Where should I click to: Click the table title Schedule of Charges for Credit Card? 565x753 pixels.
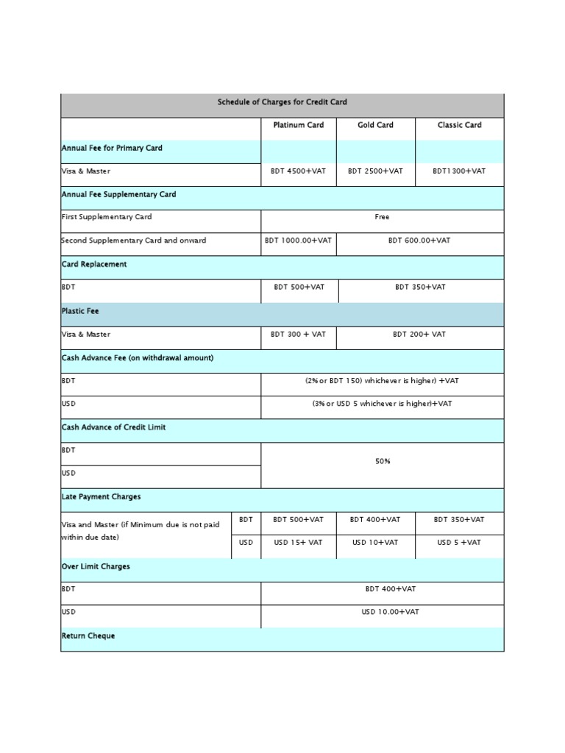click(x=282, y=102)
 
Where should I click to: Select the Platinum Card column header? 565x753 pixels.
click(x=298, y=125)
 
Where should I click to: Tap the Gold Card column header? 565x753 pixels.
click(x=375, y=125)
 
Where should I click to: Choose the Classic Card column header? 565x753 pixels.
click(x=459, y=125)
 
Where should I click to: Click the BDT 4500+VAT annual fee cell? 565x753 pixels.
click(x=298, y=171)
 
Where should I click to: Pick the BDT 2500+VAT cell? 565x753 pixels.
click(x=375, y=171)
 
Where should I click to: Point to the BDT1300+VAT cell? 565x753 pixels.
click(x=459, y=171)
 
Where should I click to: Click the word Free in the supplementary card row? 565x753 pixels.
click(x=382, y=218)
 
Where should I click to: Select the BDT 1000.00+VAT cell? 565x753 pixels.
click(x=298, y=241)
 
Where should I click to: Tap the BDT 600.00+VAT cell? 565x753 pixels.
click(x=419, y=241)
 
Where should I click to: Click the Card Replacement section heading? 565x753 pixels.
click(x=94, y=265)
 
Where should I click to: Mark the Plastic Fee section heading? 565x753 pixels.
click(x=80, y=312)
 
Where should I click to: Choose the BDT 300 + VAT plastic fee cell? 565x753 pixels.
click(x=298, y=335)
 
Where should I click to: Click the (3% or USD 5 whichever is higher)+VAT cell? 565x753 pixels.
click(x=382, y=404)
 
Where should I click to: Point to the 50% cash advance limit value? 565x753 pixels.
click(x=382, y=462)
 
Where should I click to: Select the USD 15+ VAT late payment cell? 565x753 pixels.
click(x=298, y=543)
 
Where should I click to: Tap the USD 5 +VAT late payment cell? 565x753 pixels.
click(x=459, y=543)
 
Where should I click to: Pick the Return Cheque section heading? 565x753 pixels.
click(x=88, y=636)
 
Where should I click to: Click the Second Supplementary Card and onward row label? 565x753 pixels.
click(x=134, y=241)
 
